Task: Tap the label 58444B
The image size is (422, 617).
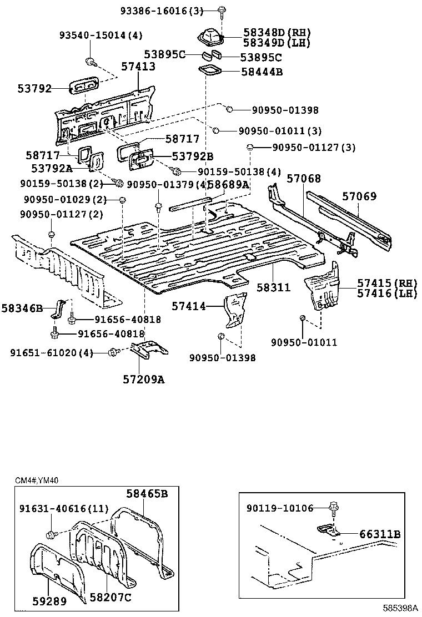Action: point(262,72)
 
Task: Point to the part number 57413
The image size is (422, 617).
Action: point(138,66)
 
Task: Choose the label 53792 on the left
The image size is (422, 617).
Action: point(34,88)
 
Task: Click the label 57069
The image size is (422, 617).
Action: point(359,196)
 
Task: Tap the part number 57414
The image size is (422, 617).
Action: point(189,306)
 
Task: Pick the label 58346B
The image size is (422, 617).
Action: point(22,307)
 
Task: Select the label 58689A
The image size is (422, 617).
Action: point(229,184)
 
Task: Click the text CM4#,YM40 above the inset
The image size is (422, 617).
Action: point(37,480)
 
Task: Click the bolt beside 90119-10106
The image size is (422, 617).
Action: point(334,508)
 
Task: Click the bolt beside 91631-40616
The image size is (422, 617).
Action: point(52,534)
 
